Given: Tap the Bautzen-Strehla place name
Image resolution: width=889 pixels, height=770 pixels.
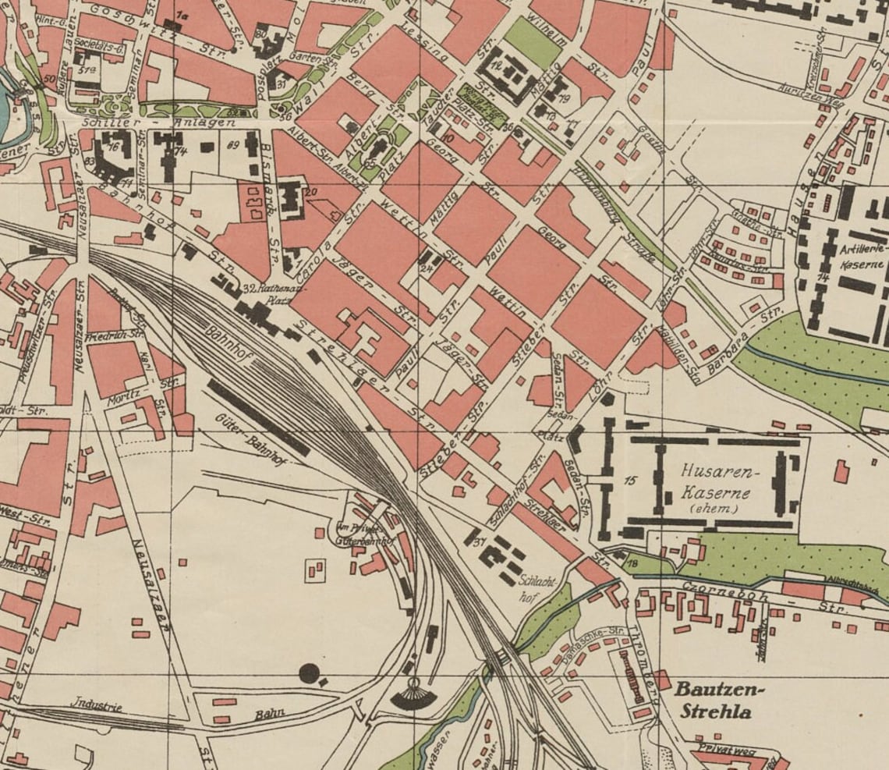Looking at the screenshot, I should pyautogui.click(x=720, y=701).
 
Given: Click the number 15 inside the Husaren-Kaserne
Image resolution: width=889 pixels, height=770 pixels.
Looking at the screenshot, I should pyautogui.click(x=631, y=481).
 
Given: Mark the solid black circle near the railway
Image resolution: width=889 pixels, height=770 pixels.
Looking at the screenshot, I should pyautogui.click(x=310, y=672).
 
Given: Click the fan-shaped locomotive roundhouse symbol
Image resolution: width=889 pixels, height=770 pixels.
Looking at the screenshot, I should pyautogui.click(x=413, y=697).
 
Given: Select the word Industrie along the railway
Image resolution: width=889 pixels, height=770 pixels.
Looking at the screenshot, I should pyautogui.click(x=97, y=707).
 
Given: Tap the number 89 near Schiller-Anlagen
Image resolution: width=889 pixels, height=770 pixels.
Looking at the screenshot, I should pyautogui.click(x=232, y=144).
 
